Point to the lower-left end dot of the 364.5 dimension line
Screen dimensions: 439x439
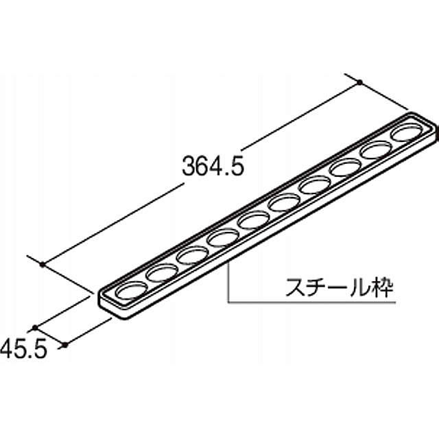[x=43, y=264]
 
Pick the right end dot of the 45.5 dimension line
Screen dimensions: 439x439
[x=64, y=345]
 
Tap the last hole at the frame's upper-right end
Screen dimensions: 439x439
[x=406, y=132]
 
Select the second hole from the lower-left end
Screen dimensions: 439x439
[x=161, y=273]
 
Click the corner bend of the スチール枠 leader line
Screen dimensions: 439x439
[x=227, y=301]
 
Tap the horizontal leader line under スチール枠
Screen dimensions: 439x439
[x=309, y=301]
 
